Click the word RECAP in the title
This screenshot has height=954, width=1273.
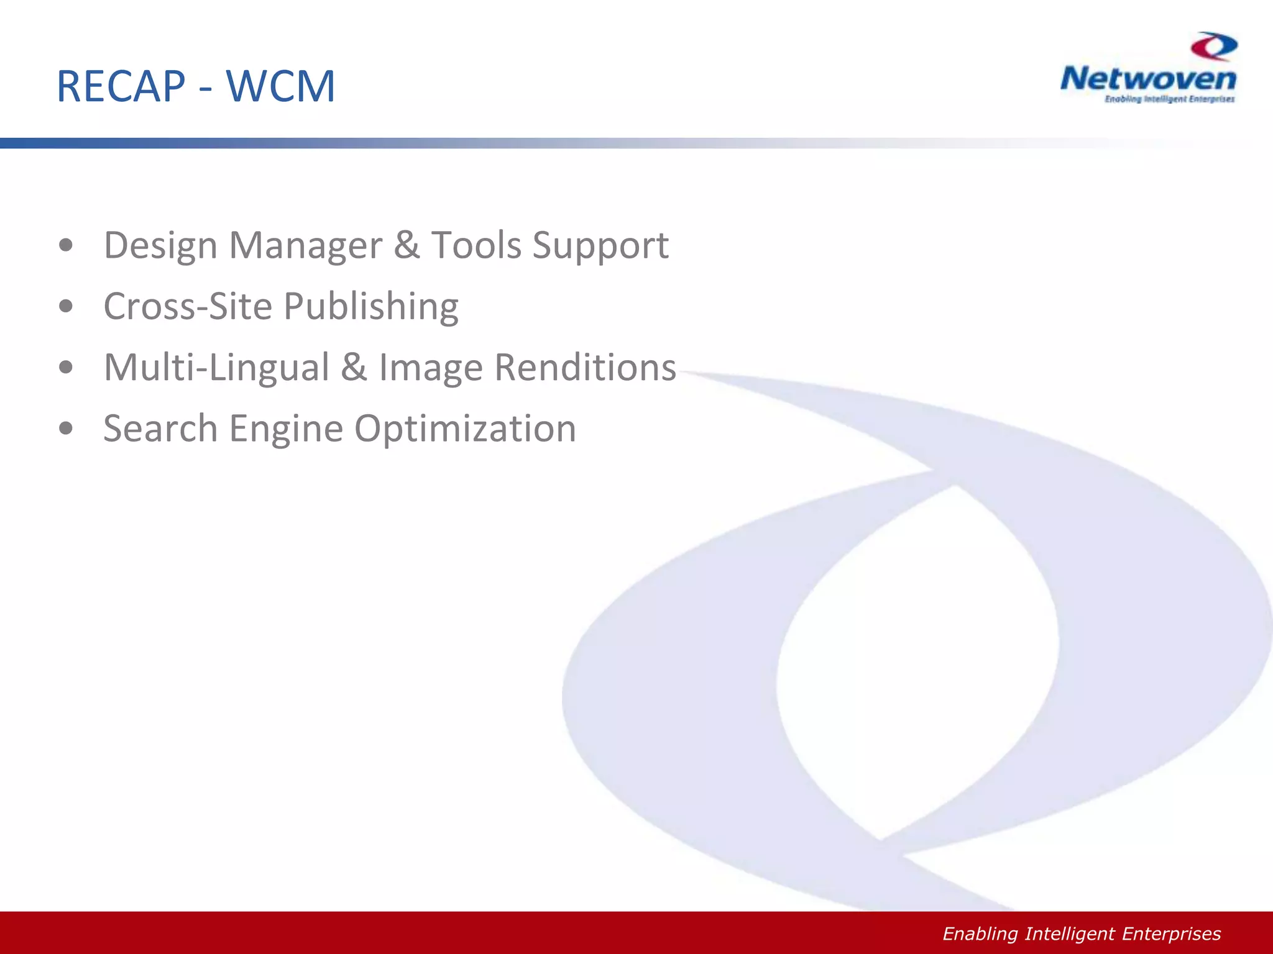(x=121, y=86)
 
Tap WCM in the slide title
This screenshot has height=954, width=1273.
(x=280, y=86)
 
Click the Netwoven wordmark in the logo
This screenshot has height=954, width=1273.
(x=1148, y=79)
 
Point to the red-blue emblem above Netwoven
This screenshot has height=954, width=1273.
(x=1214, y=47)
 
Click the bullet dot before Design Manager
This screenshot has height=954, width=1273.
(x=66, y=245)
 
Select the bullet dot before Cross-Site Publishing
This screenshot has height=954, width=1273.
(x=66, y=306)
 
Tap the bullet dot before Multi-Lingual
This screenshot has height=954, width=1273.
(x=66, y=367)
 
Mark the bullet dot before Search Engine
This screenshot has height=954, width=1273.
(x=66, y=428)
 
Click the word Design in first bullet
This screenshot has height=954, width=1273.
(x=160, y=246)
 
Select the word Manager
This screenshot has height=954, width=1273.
(x=306, y=246)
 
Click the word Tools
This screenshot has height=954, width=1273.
(x=476, y=245)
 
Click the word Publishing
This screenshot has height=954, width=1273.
(x=371, y=307)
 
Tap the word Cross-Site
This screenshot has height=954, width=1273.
(x=188, y=306)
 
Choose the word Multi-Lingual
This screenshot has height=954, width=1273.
(x=216, y=368)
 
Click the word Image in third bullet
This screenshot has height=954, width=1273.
(x=431, y=368)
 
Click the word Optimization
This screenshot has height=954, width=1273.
(x=465, y=429)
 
